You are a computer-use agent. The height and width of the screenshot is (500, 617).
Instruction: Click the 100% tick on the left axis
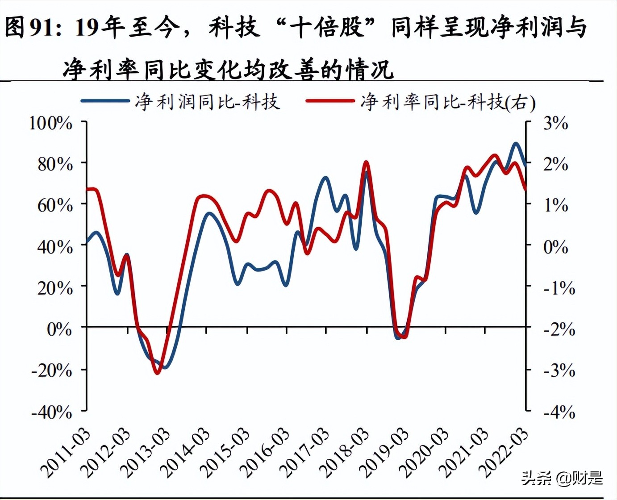tap(50, 123)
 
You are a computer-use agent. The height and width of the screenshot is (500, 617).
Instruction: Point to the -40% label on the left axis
tap(51, 412)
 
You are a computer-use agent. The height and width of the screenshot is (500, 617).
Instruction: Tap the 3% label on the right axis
tap(555, 123)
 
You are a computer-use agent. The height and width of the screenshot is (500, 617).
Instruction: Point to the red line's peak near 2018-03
tap(366, 162)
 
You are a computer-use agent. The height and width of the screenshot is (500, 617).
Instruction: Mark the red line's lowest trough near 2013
tap(157, 373)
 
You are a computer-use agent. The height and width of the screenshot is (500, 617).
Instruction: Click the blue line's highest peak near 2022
tap(516, 144)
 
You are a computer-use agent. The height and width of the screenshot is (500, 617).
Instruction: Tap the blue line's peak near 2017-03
tap(325, 178)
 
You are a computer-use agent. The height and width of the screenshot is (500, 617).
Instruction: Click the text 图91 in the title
tap(29, 28)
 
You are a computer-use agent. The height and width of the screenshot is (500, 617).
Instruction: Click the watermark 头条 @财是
tap(562, 478)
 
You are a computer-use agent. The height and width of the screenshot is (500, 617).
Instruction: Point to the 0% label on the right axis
tap(555, 246)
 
